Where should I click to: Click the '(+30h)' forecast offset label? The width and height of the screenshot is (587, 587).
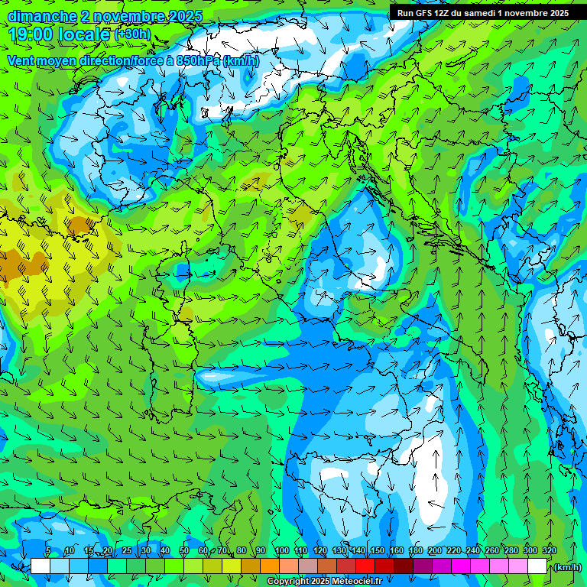(x=132, y=34)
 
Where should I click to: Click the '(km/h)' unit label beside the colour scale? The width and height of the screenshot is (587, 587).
(x=566, y=567)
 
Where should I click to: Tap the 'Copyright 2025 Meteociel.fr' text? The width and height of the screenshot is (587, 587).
(x=324, y=582)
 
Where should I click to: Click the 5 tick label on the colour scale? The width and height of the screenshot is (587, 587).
(x=48, y=550)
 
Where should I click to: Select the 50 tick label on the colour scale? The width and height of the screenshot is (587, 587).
(x=184, y=550)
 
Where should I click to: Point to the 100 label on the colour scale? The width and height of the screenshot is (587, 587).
(x=282, y=550)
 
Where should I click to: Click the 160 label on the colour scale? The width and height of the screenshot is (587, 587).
(x=397, y=550)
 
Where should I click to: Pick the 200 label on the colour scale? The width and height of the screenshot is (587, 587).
(x=435, y=550)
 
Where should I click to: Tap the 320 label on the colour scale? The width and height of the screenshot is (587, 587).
(x=550, y=550)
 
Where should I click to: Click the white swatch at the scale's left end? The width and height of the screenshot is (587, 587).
(x=41, y=566)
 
